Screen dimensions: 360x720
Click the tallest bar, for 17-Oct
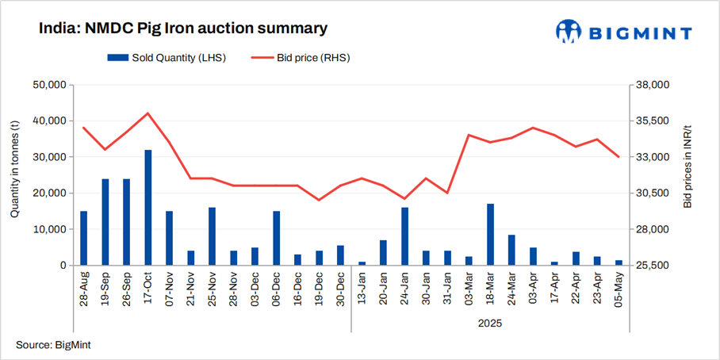[x=148, y=208]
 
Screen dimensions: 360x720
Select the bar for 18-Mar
[x=491, y=235]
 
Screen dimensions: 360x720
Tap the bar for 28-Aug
[x=84, y=238]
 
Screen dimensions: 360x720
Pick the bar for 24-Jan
[x=405, y=236]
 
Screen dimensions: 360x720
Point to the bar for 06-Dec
[x=277, y=238]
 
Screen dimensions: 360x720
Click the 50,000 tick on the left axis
[x=48, y=85]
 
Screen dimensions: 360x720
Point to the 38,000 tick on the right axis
[x=654, y=85]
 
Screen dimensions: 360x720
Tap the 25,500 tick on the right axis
[x=654, y=265]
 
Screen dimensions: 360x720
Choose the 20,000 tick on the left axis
[x=48, y=193]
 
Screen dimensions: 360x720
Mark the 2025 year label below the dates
[x=490, y=324]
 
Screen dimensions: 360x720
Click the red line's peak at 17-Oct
[x=148, y=113]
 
